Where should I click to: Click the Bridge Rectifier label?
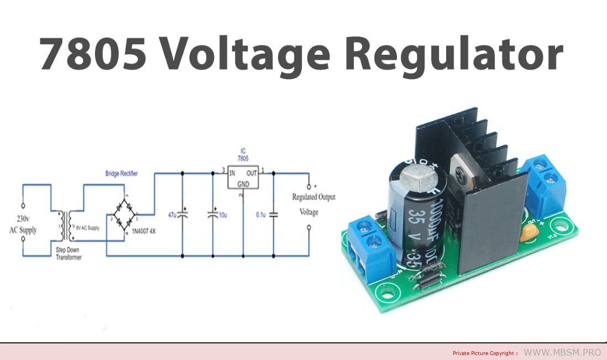(x=122, y=174)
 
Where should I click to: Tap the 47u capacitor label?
(x=172, y=214)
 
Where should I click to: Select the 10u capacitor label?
(x=222, y=214)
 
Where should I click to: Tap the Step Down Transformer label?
(x=69, y=253)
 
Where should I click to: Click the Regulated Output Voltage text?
(x=313, y=204)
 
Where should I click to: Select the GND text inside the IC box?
(x=243, y=184)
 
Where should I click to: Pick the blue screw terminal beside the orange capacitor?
(x=545, y=182)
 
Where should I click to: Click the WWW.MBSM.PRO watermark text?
(x=561, y=352)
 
